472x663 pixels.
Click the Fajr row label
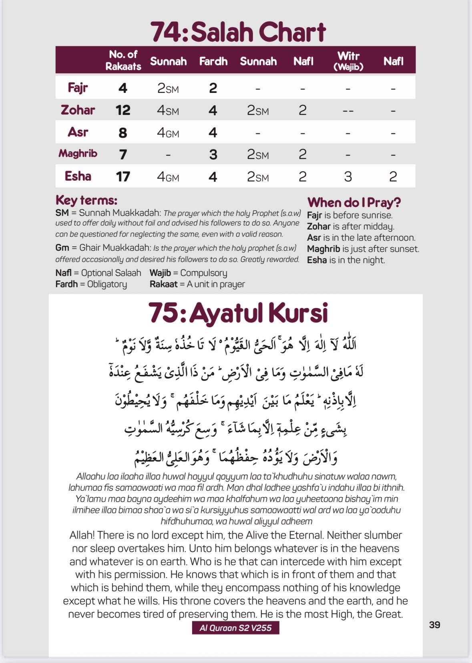(78, 87)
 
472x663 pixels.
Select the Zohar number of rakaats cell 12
(123, 110)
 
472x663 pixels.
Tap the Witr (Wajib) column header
(348, 60)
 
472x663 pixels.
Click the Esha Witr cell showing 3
(348, 176)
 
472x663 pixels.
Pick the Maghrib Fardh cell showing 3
(213, 154)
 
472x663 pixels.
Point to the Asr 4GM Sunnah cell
(168, 132)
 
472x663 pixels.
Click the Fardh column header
(213, 61)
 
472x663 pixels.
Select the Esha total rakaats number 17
(123, 176)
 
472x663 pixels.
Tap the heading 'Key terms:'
(86, 200)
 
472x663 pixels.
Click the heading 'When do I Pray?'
(354, 202)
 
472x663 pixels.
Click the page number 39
(434, 625)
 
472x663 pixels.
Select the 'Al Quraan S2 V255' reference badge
(235, 628)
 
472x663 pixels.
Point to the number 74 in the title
(165, 32)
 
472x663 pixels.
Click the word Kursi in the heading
(298, 313)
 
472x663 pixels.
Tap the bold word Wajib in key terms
(160, 273)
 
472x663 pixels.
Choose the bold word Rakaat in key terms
(163, 284)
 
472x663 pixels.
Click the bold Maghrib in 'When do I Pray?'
(323, 249)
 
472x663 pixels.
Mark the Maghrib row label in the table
(78, 153)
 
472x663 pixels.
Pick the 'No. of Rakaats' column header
(123, 60)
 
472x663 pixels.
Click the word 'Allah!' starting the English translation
(82, 535)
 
